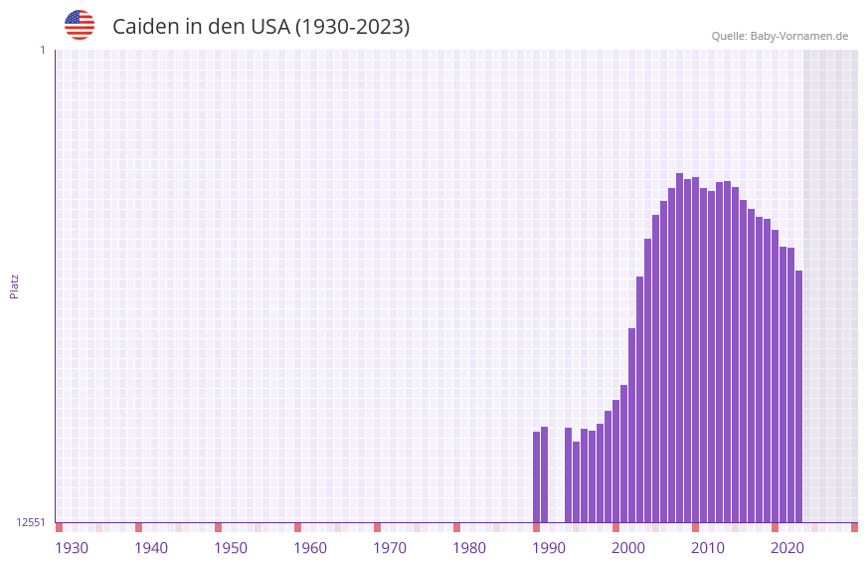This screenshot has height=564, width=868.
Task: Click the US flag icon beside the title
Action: (x=80, y=25)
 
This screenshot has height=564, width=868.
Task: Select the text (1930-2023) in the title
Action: (x=352, y=27)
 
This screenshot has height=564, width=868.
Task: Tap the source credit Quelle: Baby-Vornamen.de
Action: (x=780, y=36)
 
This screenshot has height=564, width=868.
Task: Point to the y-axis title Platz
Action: (x=14, y=285)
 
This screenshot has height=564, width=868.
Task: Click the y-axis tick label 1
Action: (x=42, y=50)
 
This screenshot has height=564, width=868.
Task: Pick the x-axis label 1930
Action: (x=72, y=548)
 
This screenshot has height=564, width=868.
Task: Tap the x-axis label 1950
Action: (x=231, y=548)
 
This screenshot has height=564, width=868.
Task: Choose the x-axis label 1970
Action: (x=390, y=548)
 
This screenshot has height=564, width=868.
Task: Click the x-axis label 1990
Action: (x=549, y=548)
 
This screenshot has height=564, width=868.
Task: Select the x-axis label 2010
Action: (x=708, y=548)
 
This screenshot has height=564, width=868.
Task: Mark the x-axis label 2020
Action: (x=787, y=548)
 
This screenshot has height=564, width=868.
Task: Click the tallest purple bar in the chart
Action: (x=680, y=348)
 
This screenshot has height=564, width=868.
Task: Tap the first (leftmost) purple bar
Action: (x=537, y=477)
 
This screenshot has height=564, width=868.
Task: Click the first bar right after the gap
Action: (x=569, y=475)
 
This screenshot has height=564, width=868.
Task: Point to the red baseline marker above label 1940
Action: (x=139, y=527)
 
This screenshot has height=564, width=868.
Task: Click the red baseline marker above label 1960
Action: (x=298, y=527)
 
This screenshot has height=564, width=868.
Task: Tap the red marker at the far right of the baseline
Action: (x=854, y=527)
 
